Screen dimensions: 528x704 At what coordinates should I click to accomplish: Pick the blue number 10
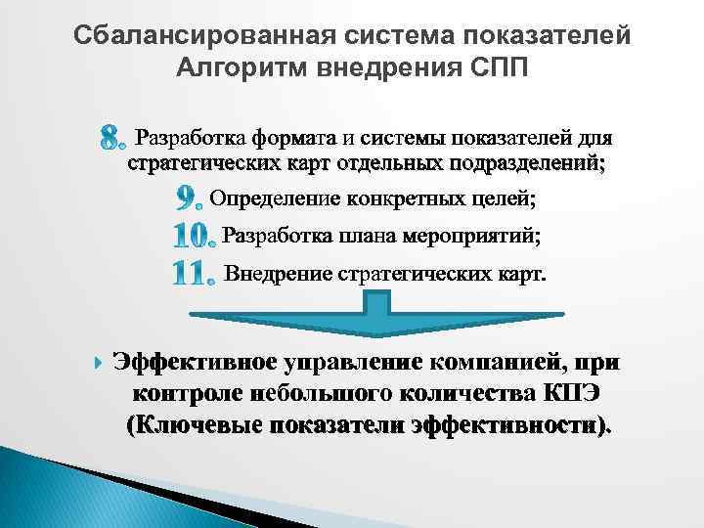click(192, 236)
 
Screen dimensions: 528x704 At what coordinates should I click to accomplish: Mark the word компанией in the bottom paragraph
click(492, 362)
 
